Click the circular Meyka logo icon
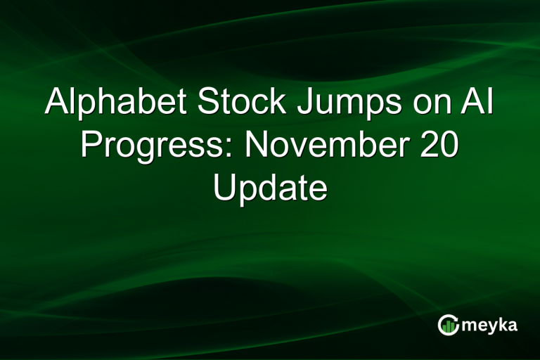[448, 324]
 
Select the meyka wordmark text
[487, 326]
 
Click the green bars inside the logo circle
[448, 326]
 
